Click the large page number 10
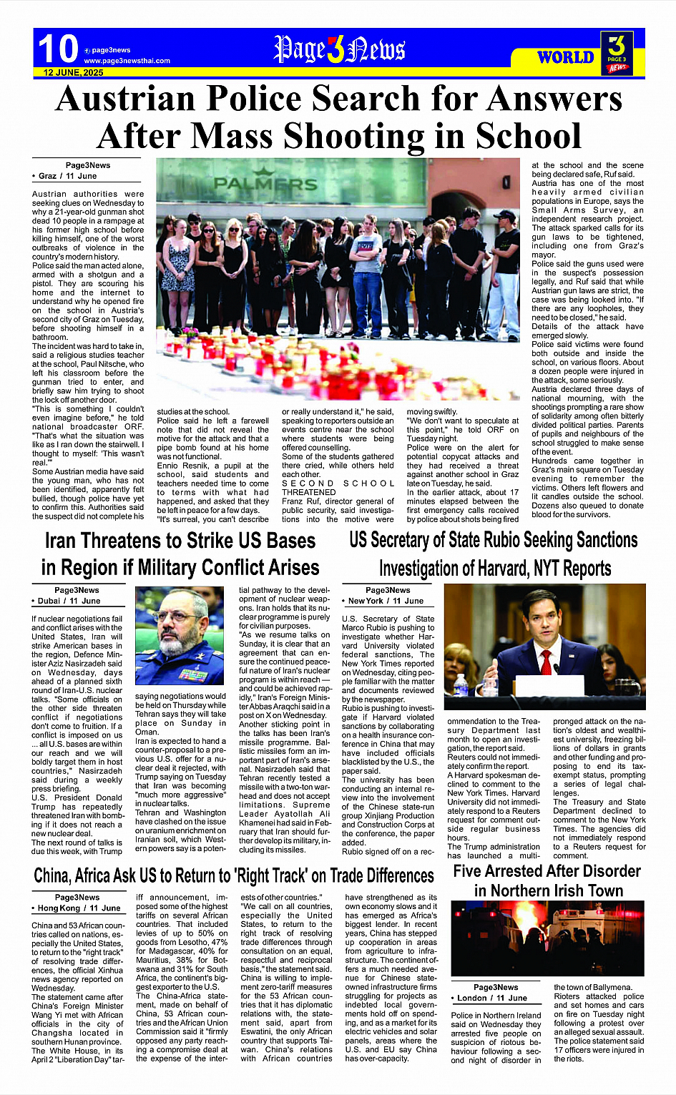(x=57, y=49)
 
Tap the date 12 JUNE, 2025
(x=73, y=73)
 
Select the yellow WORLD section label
(x=565, y=57)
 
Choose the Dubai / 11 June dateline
(x=69, y=601)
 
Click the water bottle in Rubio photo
(x=461, y=685)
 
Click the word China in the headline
(x=52, y=876)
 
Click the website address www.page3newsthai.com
(x=127, y=61)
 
